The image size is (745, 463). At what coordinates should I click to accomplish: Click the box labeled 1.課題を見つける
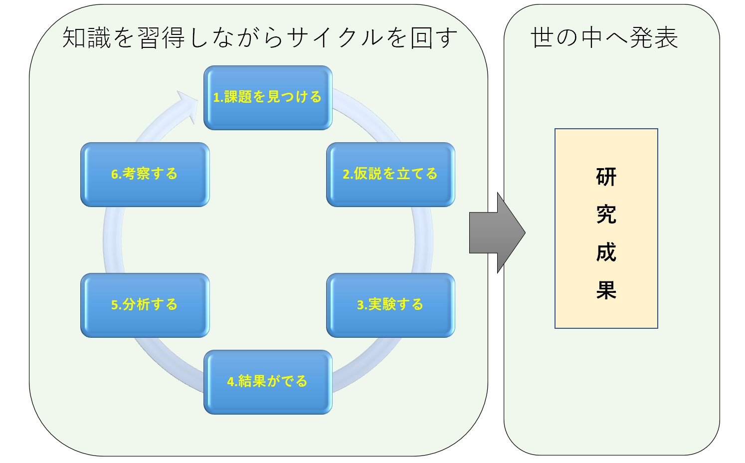click(x=268, y=97)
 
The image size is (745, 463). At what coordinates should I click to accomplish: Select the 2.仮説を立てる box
click(x=391, y=175)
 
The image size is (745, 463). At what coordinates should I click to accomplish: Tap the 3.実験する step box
click(x=391, y=305)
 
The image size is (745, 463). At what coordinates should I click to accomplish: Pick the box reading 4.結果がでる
click(x=268, y=382)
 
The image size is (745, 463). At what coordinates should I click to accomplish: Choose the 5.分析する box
click(x=145, y=305)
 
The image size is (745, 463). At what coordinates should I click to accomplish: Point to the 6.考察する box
click(x=145, y=175)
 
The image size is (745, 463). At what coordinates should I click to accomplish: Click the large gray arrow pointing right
click(x=497, y=232)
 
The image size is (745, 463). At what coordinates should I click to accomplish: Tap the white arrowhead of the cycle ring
click(x=188, y=105)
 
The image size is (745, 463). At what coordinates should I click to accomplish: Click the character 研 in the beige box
click(x=606, y=177)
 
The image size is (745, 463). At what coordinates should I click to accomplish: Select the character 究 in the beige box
click(x=606, y=214)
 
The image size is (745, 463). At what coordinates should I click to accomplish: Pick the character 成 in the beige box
click(x=606, y=252)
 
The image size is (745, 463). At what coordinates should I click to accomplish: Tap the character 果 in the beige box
click(x=606, y=290)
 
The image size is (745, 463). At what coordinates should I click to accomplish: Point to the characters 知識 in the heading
click(x=86, y=37)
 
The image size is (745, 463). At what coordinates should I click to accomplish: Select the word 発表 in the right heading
click(x=654, y=37)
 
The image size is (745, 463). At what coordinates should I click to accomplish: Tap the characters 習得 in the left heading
click(x=161, y=37)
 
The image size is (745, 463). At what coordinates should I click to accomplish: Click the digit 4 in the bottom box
click(x=230, y=382)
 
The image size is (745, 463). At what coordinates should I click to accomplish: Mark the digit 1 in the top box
click(x=216, y=97)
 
